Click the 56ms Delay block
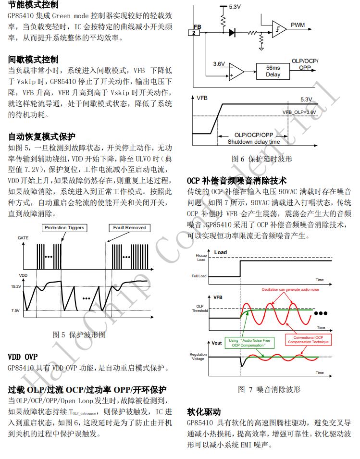coord(273,71)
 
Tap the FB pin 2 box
coord(194,33)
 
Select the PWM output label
coord(298,25)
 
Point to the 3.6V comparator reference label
coord(219,64)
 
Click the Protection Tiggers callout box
coord(64,228)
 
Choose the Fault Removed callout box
coord(130,228)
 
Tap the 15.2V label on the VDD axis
coord(16,286)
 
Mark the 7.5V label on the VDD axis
coord(15,310)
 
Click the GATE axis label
coord(23,238)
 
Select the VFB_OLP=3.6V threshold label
coord(299,112)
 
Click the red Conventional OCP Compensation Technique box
coord(308,340)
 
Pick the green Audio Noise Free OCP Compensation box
coord(249,343)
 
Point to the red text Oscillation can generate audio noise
coord(290,289)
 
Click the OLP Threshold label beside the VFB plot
coord(200,308)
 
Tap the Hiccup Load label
coord(201,258)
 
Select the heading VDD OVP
coord(23,357)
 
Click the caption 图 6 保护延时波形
coord(262,159)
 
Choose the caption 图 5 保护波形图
coord(79,335)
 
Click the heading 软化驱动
coord(204,412)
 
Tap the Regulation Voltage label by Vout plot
coord(198,357)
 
